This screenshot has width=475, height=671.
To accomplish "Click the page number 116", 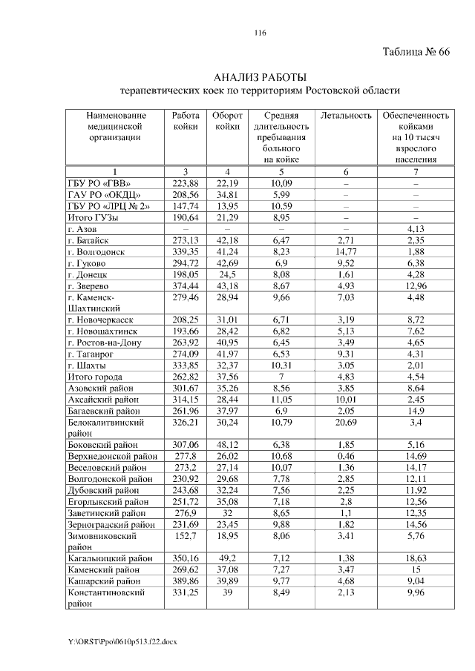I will coord(260,33).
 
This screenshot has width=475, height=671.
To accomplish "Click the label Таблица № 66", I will coord(416,53).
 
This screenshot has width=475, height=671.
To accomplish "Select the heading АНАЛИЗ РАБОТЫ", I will coord(260,77).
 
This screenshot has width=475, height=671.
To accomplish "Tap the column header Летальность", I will coord(346,116).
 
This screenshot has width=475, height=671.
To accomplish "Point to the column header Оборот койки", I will coord(227,121).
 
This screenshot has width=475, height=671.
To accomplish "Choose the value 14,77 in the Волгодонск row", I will coord(346,251).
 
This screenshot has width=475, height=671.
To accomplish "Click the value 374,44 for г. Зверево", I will coord(185,285).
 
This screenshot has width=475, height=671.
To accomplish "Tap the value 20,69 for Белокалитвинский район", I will coord(346,422).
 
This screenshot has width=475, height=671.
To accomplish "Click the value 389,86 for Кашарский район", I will coord(185,581).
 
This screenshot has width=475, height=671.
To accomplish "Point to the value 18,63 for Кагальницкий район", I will coord(416,559).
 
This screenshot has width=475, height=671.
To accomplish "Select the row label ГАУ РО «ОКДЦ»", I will coord(102,194).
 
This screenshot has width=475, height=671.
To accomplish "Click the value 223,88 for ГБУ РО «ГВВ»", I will coord(185,183).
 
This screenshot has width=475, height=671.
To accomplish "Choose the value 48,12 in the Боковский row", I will coord(227,444).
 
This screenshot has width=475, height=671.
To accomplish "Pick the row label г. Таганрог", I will coord(90,354).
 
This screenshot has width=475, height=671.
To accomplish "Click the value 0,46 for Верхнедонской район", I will coord(346,455).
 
